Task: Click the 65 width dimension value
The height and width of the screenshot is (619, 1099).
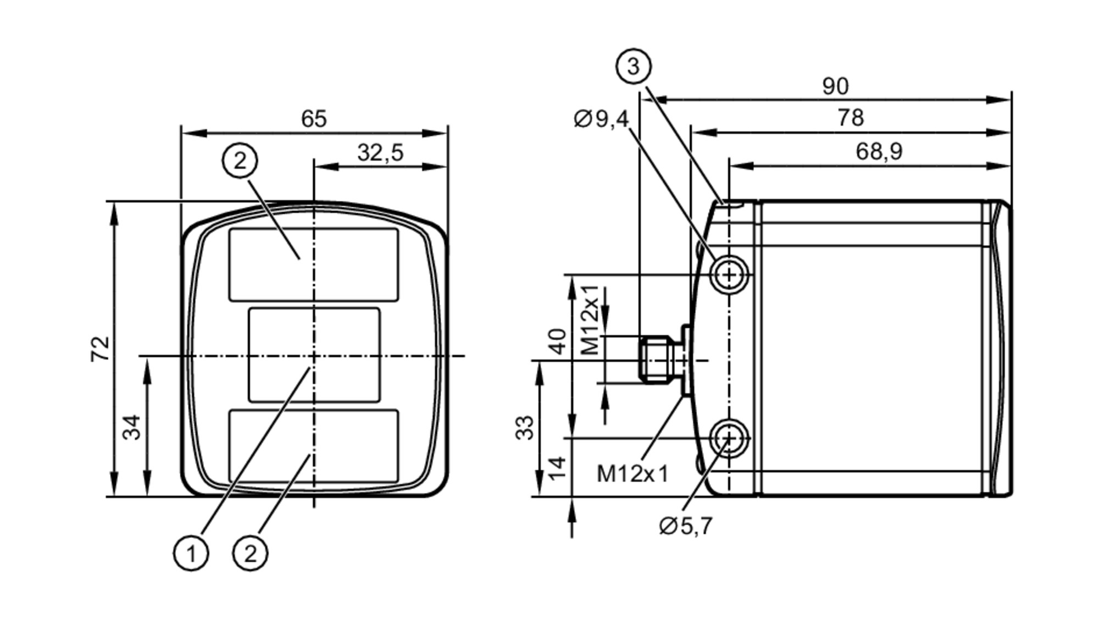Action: click(x=314, y=119)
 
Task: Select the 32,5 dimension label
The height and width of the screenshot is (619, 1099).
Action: click(x=380, y=153)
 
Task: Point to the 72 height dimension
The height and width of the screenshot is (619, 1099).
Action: click(x=100, y=349)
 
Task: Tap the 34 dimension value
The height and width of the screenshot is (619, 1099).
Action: click(x=132, y=427)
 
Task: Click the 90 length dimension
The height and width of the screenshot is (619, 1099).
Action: click(x=835, y=86)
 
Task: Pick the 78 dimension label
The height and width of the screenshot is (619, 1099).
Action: click(x=851, y=118)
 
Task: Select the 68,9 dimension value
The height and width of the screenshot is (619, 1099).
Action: click(x=879, y=151)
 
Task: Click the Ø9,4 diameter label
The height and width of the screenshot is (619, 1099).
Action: click(x=601, y=119)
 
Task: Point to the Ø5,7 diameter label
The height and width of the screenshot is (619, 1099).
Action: click(x=685, y=526)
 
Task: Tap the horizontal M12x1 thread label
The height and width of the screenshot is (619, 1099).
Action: click(x=632, y=473)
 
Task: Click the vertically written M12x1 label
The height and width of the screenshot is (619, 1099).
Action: click(x=590, y=320)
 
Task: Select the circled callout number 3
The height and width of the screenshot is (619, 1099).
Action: click(x=634, y=67)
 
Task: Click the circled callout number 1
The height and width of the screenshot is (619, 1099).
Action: click(x=191, y=553)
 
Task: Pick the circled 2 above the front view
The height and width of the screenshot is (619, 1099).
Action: click(x=240, y=161)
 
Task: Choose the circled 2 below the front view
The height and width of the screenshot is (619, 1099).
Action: click(x=250, y=553)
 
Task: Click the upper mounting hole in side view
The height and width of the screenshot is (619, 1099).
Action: click(x=729, y=274)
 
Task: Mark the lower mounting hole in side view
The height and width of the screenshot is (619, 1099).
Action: click(x=729, y=438)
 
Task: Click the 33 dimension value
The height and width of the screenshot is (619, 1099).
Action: click(x=525, y=428)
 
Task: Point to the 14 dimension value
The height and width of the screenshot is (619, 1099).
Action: click(x=558, y=468)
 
